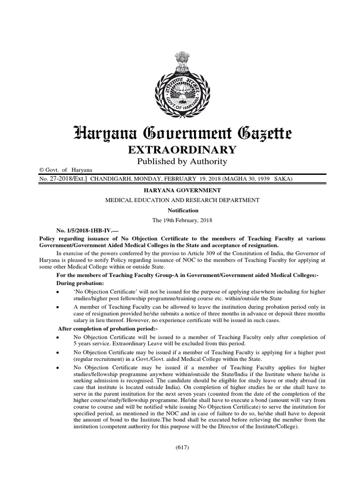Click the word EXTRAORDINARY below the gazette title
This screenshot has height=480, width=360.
click(x=180, y=150)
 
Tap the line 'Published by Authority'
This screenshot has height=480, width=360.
click(x=180, y=161)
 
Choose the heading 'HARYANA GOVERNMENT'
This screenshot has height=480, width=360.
click(x=180, y=191)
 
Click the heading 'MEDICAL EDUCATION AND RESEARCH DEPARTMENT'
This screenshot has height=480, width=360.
click(x=180, y=200)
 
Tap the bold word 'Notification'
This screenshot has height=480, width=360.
click(x=180, y=210)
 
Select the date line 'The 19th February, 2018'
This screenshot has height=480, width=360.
click(x=180, y=220)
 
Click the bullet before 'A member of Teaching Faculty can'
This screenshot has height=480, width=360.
click(x=57, y=307)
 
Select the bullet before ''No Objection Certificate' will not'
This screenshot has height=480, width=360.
click(x=57, y=292)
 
